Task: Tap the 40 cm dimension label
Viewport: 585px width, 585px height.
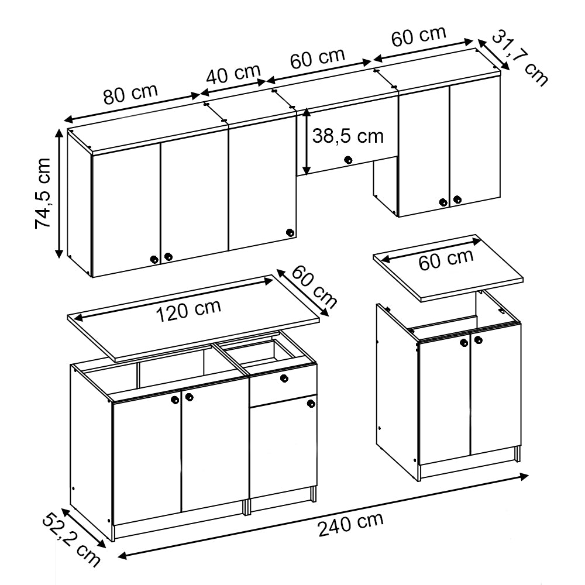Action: point(233,74)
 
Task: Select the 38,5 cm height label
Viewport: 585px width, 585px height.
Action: point(347,136)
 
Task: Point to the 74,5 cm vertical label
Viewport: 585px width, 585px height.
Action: point(44,192)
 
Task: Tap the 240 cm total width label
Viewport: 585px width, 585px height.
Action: point(350,524)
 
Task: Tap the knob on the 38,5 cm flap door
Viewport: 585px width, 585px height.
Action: point(348,159)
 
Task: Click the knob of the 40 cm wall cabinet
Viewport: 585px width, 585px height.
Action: point(290,233)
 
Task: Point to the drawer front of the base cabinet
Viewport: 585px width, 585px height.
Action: point(283,384)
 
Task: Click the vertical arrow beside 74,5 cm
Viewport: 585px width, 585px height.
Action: point(59,193)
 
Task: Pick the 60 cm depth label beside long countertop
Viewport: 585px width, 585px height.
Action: point(314,287)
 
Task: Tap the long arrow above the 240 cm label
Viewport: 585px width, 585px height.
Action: point(322,515)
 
